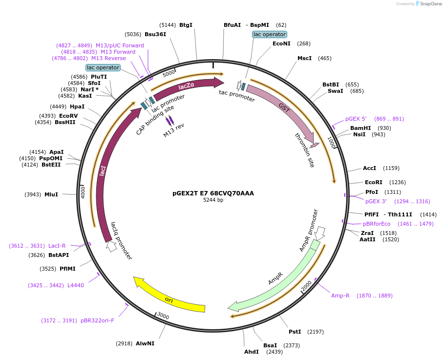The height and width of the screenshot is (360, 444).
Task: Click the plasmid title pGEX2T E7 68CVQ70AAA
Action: tap(213, 193)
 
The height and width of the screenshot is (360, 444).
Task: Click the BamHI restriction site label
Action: tap(360, 128)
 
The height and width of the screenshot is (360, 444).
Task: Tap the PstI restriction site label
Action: tap(295, 332)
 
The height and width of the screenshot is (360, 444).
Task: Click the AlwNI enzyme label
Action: tap(145, 343)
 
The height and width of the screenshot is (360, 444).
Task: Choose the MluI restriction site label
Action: tap(51, 194)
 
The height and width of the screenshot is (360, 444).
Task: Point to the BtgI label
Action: tap(186, 25)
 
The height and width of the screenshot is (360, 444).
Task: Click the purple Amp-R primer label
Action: tap(340, 296)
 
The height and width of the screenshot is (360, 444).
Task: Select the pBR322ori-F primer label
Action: tap(97, 320)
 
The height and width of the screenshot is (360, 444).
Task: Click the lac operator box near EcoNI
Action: tap(269, 34)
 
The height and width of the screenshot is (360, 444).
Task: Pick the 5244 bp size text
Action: tap(213, 200)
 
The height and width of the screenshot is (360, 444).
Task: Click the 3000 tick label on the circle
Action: tap(163, 317)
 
